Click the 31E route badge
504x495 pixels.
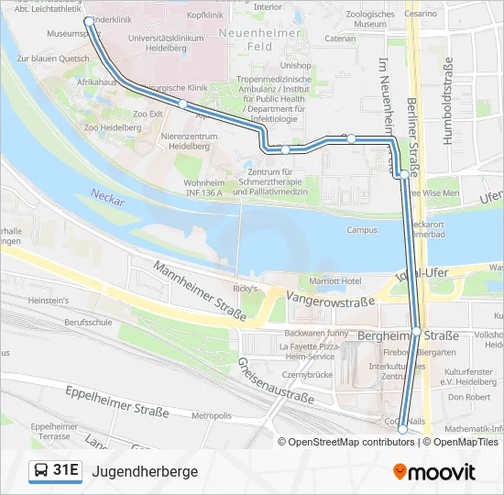click(56, 471)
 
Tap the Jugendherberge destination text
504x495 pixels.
click(145, 471)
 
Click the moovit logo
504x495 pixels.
click(434, 472)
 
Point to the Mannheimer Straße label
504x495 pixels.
click(200, 291)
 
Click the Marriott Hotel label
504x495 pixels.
click(336, 280)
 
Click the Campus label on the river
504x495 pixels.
click(362, 230)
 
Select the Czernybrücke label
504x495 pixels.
click(306, 374)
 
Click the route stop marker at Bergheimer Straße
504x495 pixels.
click(416, 331)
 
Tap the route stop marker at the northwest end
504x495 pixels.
click(88, 19)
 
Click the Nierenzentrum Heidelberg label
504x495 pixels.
click(189, 140)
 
